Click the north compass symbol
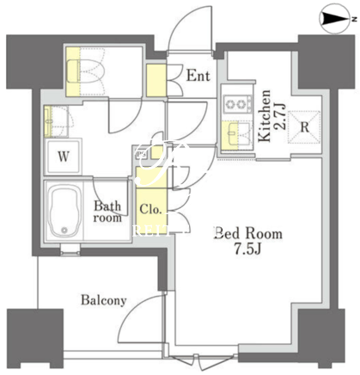(x=336, y=19)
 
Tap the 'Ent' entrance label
(x=198, y=76)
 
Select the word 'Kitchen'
(x=264, y=116)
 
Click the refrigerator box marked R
(x=304, y=126)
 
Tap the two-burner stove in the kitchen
(x=238, y=103)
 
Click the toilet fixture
(x=87, y=71)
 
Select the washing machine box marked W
(x=63, y=157)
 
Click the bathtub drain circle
(x=64, y=230)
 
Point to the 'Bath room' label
(x=107, y=212)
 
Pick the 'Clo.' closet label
(x=151, y=209)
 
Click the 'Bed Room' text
(x=248, y=233)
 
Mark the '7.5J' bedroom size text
(x=248, y=249)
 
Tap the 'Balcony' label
(x=104, y=300)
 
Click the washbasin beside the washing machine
(x=56, y=121)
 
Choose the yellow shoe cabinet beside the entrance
(x=156, y=80)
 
